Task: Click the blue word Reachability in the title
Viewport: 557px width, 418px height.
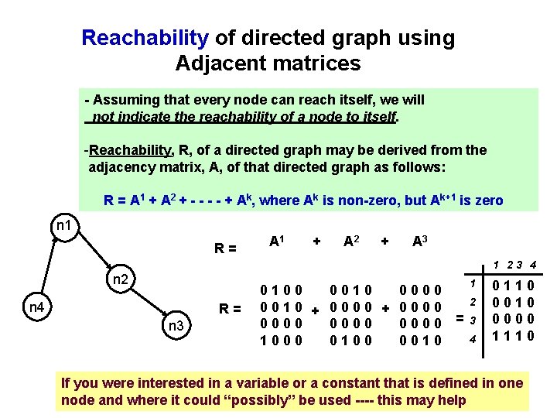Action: click(x=145, y=38)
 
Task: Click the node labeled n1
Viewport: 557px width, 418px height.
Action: click(x=64, y=226)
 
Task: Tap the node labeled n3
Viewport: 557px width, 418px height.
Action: click(x=175, y=326)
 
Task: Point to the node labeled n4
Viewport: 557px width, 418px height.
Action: click(x=36, y=307)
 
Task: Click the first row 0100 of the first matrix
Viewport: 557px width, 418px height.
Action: click(x=282, y=292)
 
